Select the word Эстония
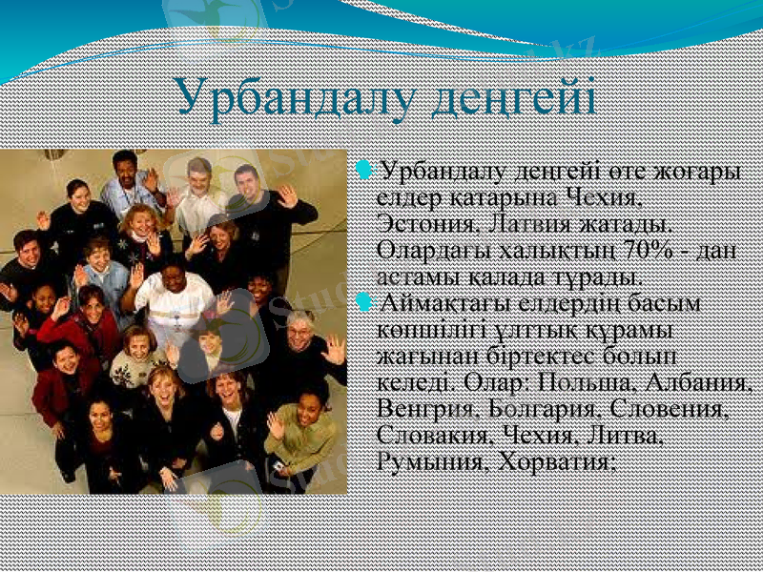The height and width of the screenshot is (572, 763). point(425,226)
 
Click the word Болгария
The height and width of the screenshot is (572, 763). point(541,410)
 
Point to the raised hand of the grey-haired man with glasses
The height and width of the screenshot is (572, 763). point(334,349)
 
